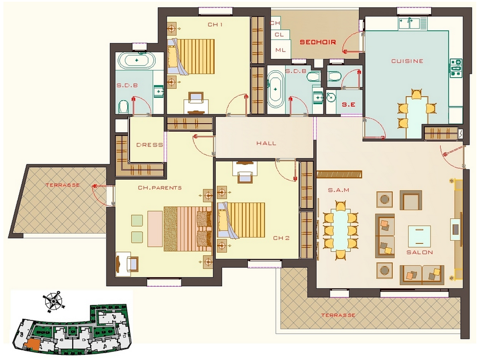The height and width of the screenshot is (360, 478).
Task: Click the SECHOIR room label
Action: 318,42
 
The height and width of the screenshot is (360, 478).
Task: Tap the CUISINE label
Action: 407,61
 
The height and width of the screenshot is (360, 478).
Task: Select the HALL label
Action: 266,143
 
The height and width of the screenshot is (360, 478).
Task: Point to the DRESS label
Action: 149,145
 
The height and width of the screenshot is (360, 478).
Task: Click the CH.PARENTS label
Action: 160,188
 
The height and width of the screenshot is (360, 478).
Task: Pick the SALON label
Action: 420,252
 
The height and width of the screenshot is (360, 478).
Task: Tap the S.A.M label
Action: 338,190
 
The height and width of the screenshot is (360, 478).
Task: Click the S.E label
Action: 349,105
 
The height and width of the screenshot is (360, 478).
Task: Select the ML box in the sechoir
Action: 281,50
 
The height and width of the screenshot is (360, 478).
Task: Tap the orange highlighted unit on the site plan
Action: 32,345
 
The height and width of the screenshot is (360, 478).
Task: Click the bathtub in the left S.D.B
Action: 136,60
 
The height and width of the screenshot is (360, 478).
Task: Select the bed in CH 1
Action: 191,57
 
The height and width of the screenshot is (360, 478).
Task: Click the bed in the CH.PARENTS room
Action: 188,229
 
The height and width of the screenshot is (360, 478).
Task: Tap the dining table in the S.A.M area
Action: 341,231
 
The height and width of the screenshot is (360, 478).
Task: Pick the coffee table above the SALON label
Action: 420,236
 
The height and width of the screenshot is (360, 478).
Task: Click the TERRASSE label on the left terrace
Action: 63,185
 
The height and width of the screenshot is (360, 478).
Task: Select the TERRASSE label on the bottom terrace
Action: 338,315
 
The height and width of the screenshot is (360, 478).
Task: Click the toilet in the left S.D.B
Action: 124,106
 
